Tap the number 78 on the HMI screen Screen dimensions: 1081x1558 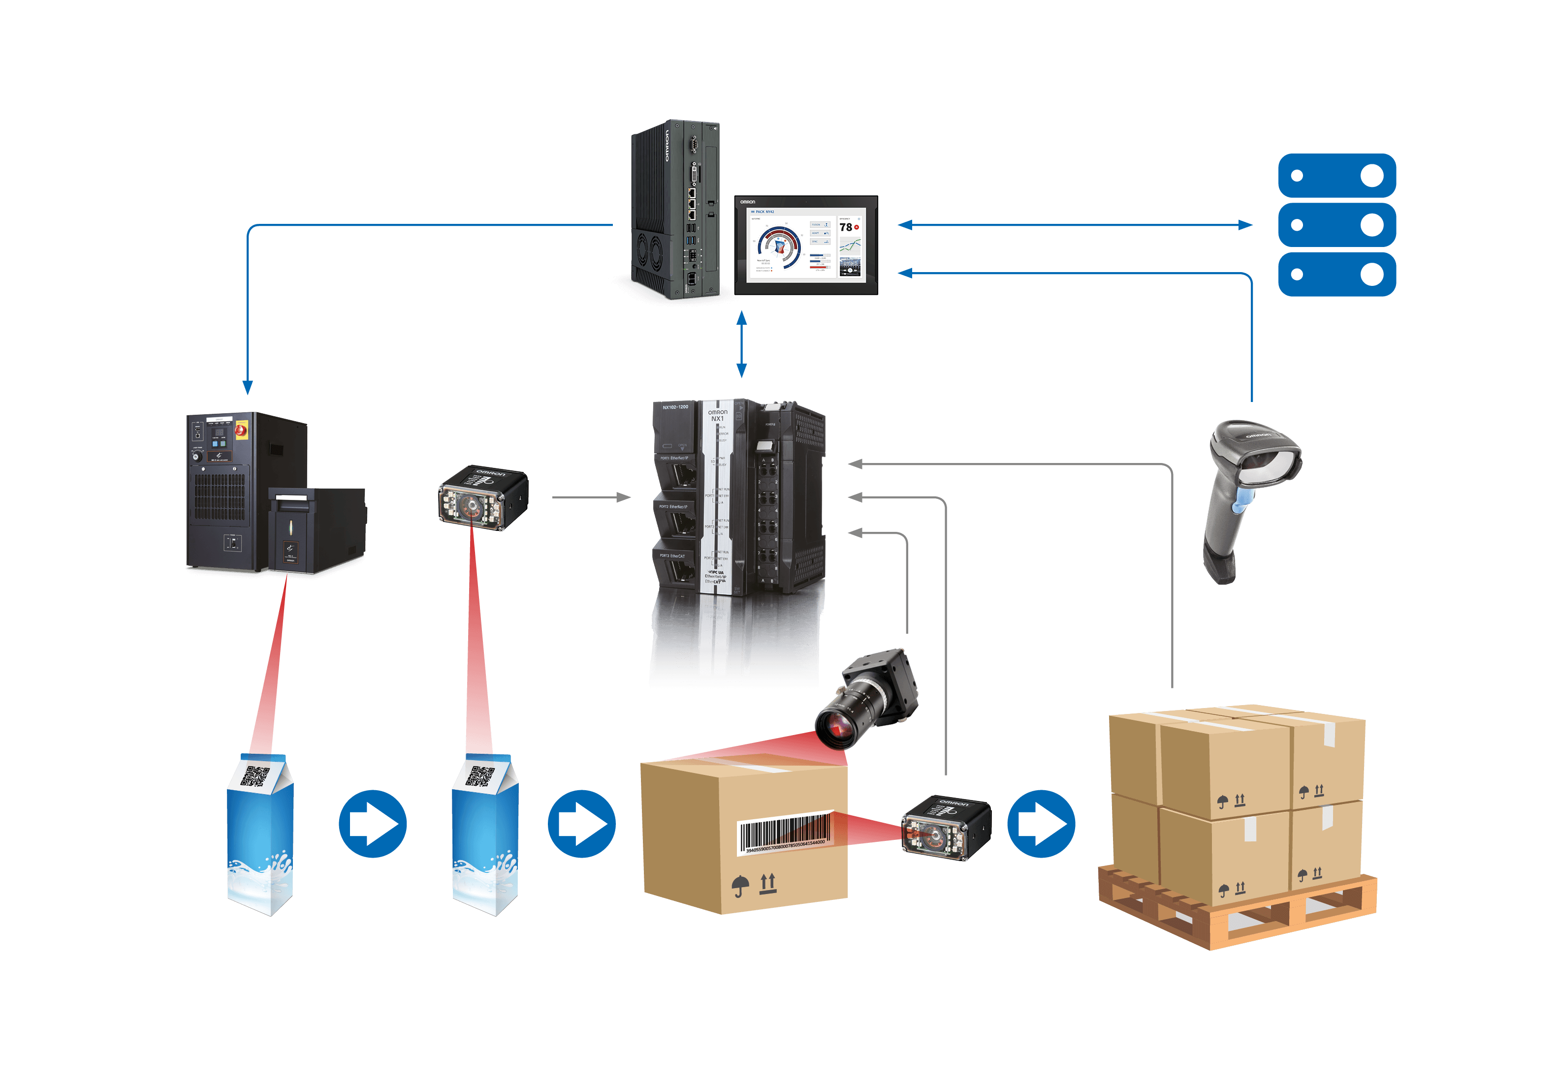(845, 228)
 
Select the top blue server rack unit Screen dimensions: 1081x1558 (1336, 176)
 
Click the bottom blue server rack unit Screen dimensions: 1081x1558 (1336, 275)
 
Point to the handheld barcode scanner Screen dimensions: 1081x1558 (1247, 494)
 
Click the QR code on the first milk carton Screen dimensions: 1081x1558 (255, 776)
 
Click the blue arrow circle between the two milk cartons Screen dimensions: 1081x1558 (373, 824)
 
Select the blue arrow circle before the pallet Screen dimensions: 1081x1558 (1041, 824)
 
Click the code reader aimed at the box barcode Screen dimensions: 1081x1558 (945, 828)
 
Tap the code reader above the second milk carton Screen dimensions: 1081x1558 (482, 497)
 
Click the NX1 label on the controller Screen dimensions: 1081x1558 (717, 419)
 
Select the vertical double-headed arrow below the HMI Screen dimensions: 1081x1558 (741, 344)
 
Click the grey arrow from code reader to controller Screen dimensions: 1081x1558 (591, 497)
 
